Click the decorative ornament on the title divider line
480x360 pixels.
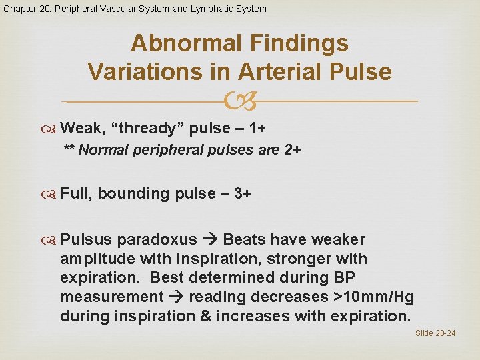[239, 101]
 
